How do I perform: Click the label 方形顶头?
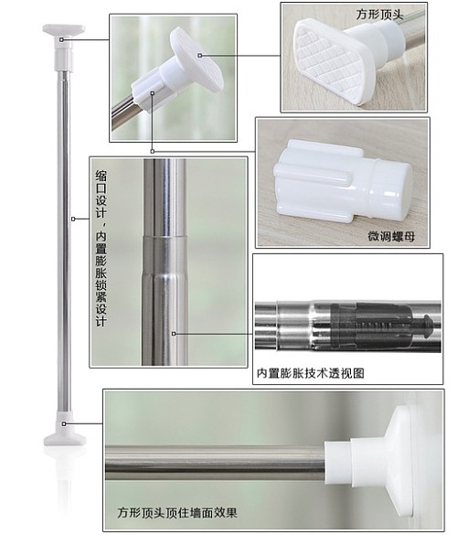[380, 15]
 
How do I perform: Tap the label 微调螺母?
[391, 236]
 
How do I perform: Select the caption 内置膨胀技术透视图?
[311, 373]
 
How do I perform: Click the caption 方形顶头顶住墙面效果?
[177, 512]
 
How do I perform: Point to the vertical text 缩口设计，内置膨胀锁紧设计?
[101, 249]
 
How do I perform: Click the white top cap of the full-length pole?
[64, 48]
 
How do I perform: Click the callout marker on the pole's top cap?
[61, 40]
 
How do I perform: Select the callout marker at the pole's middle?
[73, 219]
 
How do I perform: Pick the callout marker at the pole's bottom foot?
[64, 423]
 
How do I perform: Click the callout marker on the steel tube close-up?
[174, 334]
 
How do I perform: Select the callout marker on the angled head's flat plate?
[200, 55]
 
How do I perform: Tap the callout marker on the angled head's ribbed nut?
[153, 92]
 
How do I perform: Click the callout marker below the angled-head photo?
[153, 151]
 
